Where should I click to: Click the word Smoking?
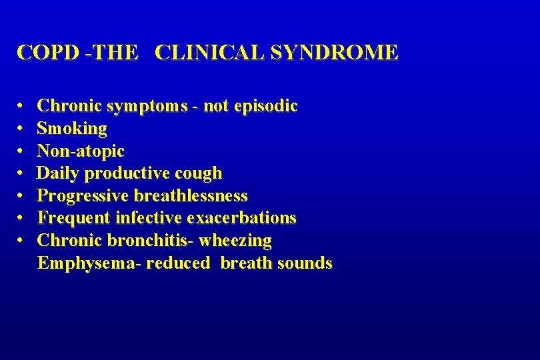72,129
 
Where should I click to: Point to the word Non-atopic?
81,151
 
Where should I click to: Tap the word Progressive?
83,196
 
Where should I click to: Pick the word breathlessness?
191,196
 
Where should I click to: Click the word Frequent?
74,218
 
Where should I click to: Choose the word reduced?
177,263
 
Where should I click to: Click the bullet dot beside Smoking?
22,129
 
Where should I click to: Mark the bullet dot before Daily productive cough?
22,173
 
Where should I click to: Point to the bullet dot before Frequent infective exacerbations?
22,218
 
